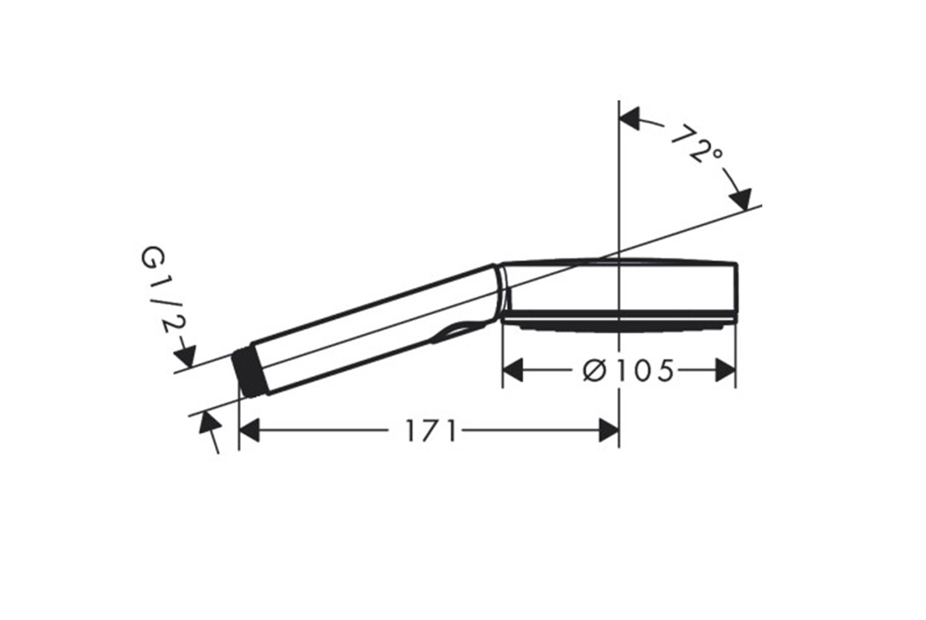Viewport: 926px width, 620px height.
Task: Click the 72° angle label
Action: pyautogui.click(x=697, y=145)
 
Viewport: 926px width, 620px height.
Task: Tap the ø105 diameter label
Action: pyautogui.click(x=628, y=371)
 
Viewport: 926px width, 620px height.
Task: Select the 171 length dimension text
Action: pyautogui.click(x=431, y=431)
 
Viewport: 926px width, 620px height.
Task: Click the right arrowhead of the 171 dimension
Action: pyautogui.click(x=609, y=431)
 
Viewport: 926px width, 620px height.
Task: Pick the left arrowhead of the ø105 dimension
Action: pyautogui.click(x=513, y=370)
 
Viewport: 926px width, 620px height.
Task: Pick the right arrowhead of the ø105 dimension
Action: pyautogui.click(x=725, y=370)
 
